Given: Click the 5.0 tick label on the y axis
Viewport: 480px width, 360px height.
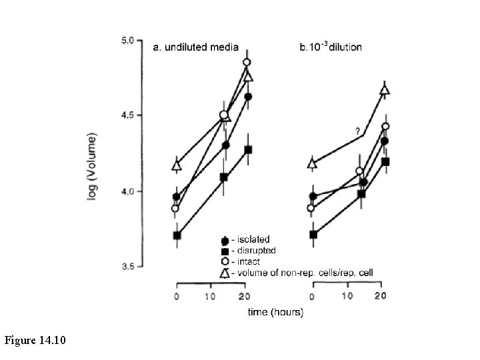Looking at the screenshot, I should (x=126, y=40).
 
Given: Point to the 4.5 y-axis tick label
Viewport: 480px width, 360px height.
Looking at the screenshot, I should (x=126, y=115).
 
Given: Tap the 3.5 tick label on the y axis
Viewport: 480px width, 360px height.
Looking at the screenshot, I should (x=126, y=267).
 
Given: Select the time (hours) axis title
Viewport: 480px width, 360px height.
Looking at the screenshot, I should (x=275, y=312).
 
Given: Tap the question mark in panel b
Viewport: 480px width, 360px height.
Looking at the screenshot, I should (x=358, y=131).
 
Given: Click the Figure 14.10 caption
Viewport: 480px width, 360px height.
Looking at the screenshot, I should (x=35, y=341).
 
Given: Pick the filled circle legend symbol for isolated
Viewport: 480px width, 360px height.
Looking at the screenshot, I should (x=225, y=240).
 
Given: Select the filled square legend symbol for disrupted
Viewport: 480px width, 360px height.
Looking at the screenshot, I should (x=225, y=251).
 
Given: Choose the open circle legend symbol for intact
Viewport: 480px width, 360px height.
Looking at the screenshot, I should (x=225, y=261).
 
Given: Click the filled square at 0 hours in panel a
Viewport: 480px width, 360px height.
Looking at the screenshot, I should (x=177, y=235).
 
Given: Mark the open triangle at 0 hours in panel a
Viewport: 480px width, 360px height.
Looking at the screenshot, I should (x=177, y=165).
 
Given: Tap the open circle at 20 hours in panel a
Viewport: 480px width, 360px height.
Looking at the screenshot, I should (x=247, y=62).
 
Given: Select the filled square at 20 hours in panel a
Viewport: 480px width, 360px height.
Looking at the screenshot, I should (x=248, y=149).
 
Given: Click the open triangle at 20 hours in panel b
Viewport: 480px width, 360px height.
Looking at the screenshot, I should (x=385, y=91).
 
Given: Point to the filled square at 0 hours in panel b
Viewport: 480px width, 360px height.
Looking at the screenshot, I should (x=313, y=234).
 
